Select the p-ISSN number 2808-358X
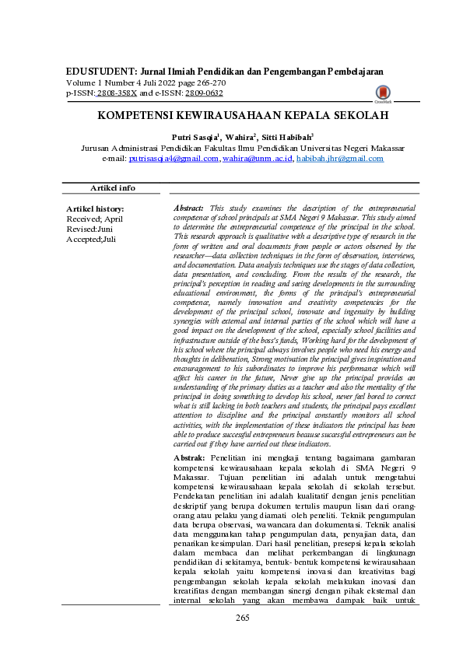(115, 93)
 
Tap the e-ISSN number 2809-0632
(205, 93)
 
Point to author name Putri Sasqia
(195, 136)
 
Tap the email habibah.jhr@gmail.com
(330, 158)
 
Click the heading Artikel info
(113, 188)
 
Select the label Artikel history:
(95, 209)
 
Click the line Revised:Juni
(90, 229)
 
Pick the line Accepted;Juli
(92, 240)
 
